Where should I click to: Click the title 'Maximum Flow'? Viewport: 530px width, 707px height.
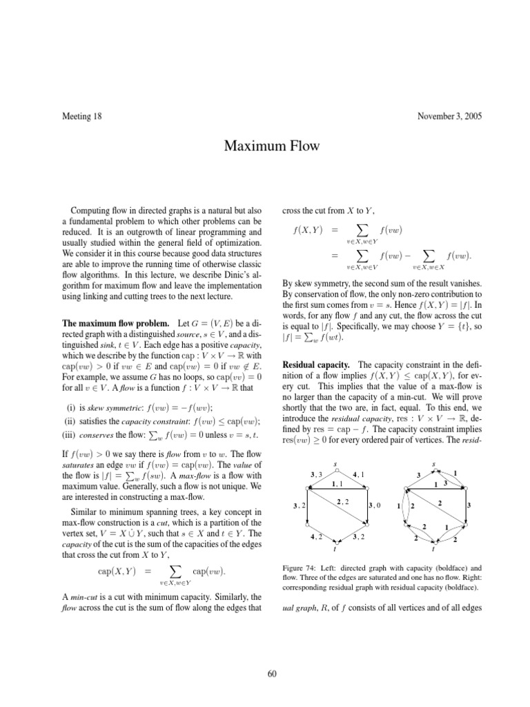(x=264, y=146)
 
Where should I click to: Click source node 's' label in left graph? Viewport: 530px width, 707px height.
(x=335, y=463)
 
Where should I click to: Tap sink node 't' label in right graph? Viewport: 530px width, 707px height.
(x=433, y=550)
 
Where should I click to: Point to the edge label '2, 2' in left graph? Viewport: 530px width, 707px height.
(x=342, y=502)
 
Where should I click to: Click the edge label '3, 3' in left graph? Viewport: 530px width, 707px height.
(x=316, y=474)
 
